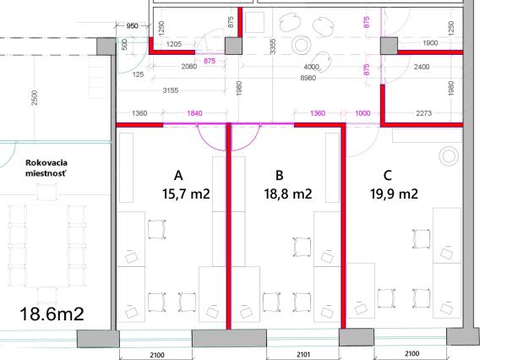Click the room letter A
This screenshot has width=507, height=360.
tap(178, 176)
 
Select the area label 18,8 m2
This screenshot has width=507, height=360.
tap(288, 194)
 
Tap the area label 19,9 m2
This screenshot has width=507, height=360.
tap(394, 194)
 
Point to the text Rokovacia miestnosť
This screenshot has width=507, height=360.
tap(46, 168)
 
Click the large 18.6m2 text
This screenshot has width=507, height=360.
tap(52, 314)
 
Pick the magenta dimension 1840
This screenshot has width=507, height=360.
tap(194, 113)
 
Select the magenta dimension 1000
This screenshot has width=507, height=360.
tap(363, 113)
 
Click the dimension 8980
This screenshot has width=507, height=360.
tap(308, 78)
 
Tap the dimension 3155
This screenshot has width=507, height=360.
tap(171, 90)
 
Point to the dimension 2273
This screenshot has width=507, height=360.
tap(423, 113)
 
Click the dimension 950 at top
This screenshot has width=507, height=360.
tap(132, 26)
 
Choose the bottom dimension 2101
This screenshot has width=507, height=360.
tap(303, 354)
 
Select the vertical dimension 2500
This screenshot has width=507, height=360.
tap(35, 98)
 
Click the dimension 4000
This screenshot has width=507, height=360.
tap(311, 67)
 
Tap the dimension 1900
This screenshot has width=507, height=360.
tap(430, 43)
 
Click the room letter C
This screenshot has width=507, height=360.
tap(388, 176)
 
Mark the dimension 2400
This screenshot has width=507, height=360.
tap(422, 67)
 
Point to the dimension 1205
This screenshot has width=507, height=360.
tap(174, 44)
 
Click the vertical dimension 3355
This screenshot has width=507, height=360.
tap(273, 46)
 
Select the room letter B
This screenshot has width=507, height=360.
tap(280, 176)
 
